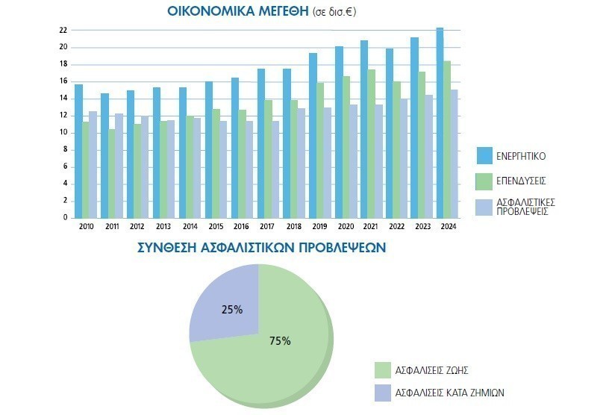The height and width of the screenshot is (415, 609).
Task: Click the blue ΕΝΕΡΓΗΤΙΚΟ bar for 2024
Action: coord(440,123)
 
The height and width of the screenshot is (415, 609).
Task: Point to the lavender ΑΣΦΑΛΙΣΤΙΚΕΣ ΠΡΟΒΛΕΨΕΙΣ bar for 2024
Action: coord(454,154)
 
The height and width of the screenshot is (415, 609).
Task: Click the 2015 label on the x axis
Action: coord(215,226)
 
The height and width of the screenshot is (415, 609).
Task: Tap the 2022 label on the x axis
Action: coord(396,226)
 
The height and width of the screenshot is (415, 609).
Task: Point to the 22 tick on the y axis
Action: coord(63,31)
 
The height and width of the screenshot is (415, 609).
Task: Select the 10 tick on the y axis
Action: coord(63,133)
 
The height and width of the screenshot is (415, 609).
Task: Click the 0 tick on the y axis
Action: coord(66,218)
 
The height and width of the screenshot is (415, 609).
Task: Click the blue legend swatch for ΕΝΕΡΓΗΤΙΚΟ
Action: coord(487,155)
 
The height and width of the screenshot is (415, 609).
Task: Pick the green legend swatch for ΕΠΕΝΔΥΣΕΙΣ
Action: coord(487,181)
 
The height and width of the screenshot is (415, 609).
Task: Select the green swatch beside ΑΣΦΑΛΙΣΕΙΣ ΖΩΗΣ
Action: coord(382,369)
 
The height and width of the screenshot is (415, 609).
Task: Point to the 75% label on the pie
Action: coord(280,341)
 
